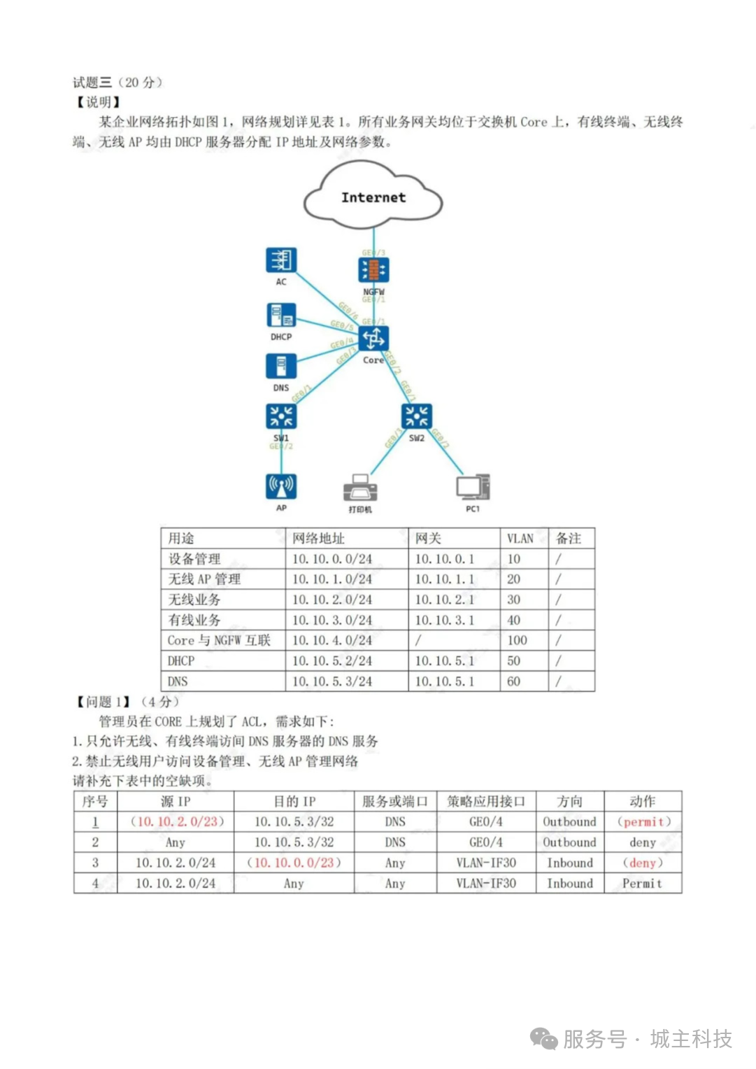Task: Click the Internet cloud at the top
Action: coord(373,197)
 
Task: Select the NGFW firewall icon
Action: coord(373,270)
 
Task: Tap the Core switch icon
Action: coord(373,339)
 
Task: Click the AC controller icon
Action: coord(281,260)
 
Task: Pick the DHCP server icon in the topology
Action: coord(281,316)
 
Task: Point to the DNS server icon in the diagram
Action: coord(281,367)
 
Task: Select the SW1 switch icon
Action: coord(281,416)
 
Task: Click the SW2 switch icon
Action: coord(417,416)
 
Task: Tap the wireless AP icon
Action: coord(281,486)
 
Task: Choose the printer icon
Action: coord(360,488)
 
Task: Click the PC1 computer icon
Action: coord(473,487)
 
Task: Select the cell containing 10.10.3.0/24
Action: coord(332,620)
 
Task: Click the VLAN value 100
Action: coord(518,640)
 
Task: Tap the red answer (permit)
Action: coord(643,822)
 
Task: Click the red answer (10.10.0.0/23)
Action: coord(294,863)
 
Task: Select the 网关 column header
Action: coord(428,538)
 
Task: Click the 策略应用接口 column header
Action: coord(485,802)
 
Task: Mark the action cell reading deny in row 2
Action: coord(643,842)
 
